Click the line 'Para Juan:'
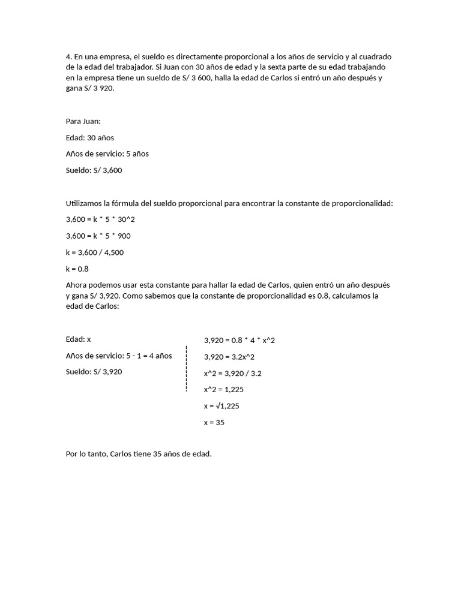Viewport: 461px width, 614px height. pos(83,121)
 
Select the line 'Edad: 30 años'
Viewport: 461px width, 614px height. pos(90,137)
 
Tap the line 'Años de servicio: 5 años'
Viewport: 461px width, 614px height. pos(107,153)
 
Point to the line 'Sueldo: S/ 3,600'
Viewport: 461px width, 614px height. pos(94,170)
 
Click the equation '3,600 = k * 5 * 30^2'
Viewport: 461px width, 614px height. pos(101,219)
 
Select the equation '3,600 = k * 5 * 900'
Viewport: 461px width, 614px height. pos(98,236)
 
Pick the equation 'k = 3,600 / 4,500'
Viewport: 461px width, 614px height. pos(95,252)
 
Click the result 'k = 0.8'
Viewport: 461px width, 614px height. pos(77,269)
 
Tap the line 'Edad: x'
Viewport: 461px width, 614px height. pos(78,339)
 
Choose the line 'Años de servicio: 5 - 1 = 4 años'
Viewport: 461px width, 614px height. pos(119,356)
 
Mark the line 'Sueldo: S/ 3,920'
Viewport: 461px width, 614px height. pos(94,372)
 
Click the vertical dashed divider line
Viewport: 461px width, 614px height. pos(187,369)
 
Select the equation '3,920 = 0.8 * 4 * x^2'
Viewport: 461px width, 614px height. pos(240,340)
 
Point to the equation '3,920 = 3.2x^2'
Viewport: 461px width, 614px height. pos(229,357)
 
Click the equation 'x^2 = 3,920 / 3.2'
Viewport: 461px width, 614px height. pos(233,373)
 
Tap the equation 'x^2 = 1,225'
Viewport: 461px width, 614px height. pos(224,389)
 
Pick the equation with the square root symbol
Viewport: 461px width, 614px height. pos(222,406)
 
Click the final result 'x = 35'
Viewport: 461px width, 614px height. pos(214,422)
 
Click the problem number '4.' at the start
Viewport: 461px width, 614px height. pos(69,57)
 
